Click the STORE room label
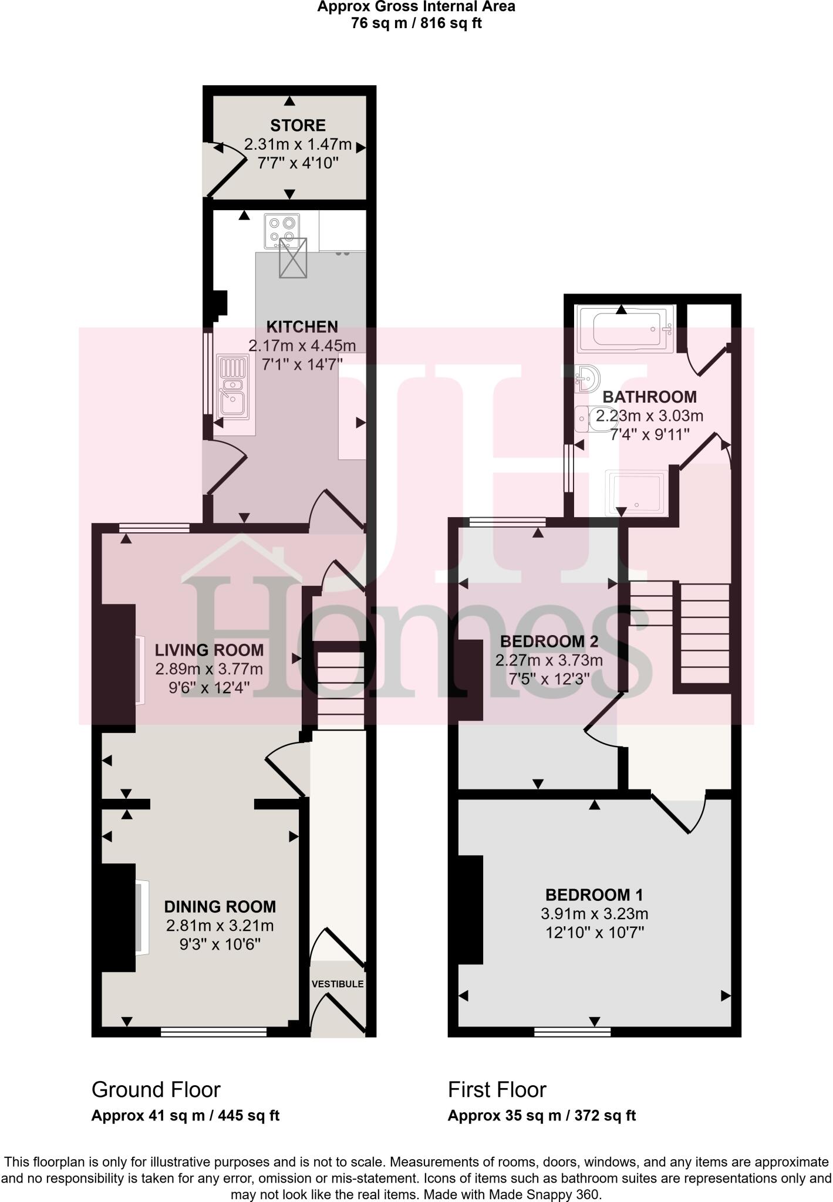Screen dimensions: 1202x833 [298, 125]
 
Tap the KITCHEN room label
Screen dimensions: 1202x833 [302, 326]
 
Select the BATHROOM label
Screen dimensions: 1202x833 [649, 397]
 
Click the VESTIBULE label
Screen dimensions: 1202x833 [338, 984]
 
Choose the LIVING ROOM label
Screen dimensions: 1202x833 [209, 650]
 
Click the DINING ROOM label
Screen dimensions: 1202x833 [220, 906]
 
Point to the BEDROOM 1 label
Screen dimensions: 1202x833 [594, 894]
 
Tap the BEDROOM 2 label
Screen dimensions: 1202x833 [549, 641]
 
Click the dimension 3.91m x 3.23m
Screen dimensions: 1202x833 [594, 914]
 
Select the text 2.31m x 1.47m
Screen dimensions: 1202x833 [298, 144]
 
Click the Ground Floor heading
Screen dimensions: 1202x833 [156, 1089]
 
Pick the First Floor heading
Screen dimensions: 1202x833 [497, 1089]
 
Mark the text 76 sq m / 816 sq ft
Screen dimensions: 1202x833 [416, 23]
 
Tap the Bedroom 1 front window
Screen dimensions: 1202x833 [572, 1031]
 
